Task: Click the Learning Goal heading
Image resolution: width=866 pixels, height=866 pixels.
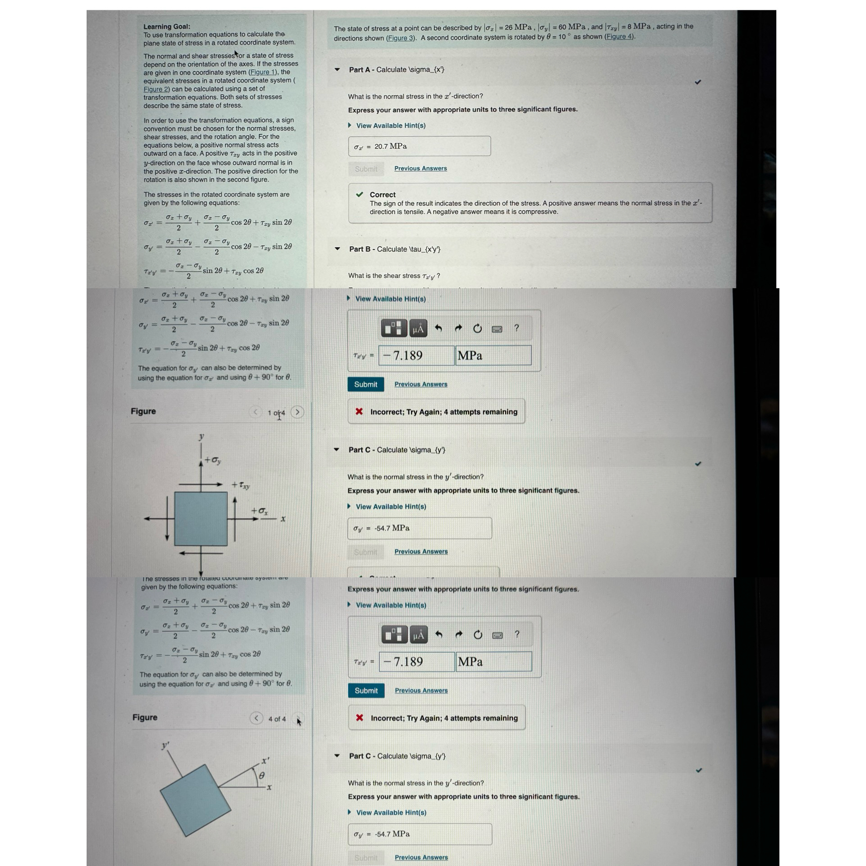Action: tap(166, 27)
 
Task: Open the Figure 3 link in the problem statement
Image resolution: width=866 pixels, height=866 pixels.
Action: tap(400, 38)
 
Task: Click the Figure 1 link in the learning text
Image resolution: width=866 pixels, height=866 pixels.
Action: tap(263, 72)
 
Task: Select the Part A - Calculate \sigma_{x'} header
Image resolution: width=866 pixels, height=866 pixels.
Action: tap(396, 69)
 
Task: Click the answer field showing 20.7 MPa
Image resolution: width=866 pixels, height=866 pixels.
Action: tap(419, 146)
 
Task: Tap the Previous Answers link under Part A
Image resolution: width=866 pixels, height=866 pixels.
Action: tap(420, 168)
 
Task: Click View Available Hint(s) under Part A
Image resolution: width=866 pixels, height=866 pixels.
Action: tap(391, 125)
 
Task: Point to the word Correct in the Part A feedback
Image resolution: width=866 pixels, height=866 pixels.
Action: tap(382, 194)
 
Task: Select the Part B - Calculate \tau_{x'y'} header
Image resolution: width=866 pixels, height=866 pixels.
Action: tap(395, 249)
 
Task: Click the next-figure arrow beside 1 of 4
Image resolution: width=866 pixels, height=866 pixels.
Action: tap(297, 412)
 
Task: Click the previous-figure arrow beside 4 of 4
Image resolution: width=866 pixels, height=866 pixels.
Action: tap(256, 718)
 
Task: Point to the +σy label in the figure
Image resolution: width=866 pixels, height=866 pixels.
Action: tap(213, 460)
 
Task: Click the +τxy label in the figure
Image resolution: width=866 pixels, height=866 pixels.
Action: tap(241, 485)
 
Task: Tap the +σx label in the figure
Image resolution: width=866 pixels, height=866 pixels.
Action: tap(259, 511)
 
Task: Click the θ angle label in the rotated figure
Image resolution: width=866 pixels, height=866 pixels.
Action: tap(262, 775)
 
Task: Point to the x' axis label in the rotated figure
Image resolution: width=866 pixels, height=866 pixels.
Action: tap(266, 760)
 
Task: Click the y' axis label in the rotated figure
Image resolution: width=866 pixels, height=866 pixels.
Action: tap(166, 746)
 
